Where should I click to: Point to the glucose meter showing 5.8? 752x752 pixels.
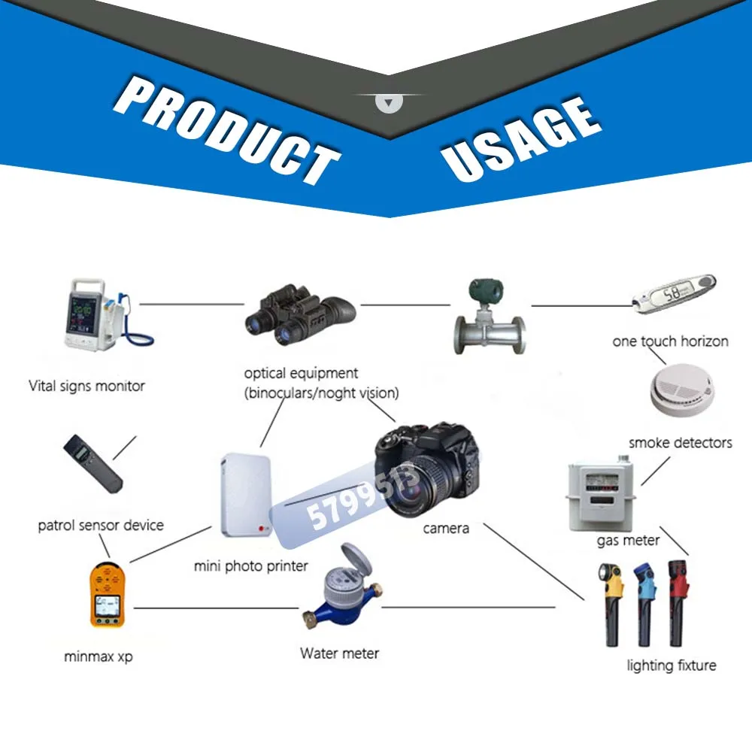[x=673, y=294]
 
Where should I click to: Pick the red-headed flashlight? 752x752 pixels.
[x=678, y=601]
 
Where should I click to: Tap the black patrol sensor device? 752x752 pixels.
[x=92, y=463]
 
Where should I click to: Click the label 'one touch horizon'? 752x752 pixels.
[x=670, y=341]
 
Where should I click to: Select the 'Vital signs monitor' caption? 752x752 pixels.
[x=86, y=387]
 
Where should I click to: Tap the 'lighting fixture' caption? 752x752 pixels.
[x=671, y=666]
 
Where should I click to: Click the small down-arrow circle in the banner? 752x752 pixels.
[x=390, y=102]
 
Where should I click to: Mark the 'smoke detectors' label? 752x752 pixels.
[x=680, y=443]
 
